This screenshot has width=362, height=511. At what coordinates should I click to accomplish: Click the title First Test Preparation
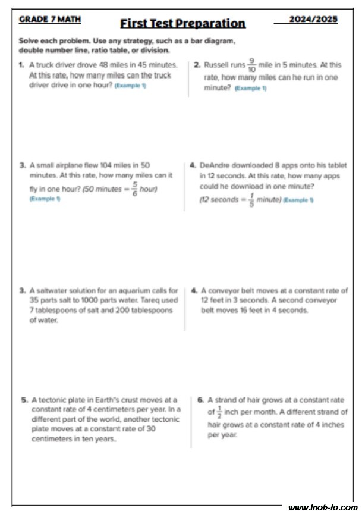pyautogui.click(x=182, y=24)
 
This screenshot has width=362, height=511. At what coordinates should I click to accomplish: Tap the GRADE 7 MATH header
pyautogui.click(x=50, y=19)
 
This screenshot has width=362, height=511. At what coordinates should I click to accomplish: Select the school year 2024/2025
pyautogui.click(x=313, y=19)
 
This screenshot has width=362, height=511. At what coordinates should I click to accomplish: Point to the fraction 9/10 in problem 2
pyautogui.click(x=252, y=65)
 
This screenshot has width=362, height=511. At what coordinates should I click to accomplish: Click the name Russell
pyautogui.click(x=216, y=65)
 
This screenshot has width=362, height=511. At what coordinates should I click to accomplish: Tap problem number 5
pyautogui.click(x=24, y=400)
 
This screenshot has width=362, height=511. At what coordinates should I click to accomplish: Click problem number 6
pyautogui.click(x=200, y=400)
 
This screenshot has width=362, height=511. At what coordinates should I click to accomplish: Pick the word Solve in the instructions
pyautogui.click(x=29, y=41)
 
